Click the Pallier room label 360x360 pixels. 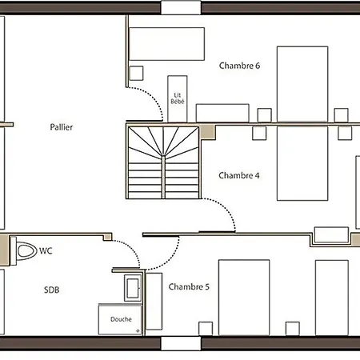click(61, 127)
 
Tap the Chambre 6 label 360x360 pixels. click(239, 66)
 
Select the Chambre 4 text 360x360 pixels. click(239, 175)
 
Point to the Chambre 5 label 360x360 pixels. click(190, 286)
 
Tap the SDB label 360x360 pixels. click(52, 290)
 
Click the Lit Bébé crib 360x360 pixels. click(178, 98)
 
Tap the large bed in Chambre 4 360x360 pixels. click(302, 164)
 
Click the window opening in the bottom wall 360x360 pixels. click(181, 344)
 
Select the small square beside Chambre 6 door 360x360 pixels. click(136, 73)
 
